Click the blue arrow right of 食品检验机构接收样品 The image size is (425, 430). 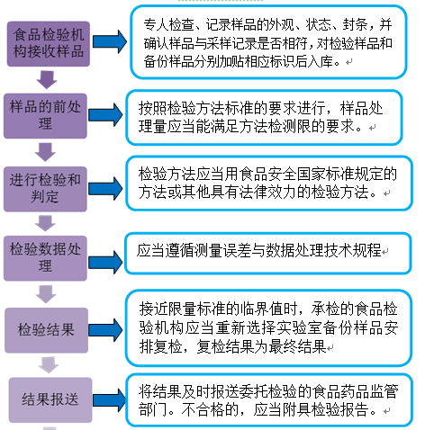coord(110,40)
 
